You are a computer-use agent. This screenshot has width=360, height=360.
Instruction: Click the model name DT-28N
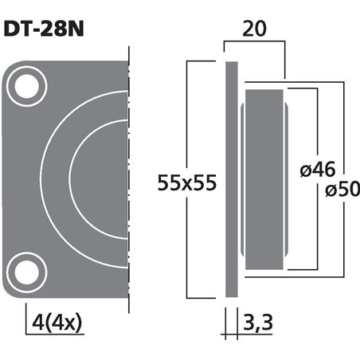point(44,29)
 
